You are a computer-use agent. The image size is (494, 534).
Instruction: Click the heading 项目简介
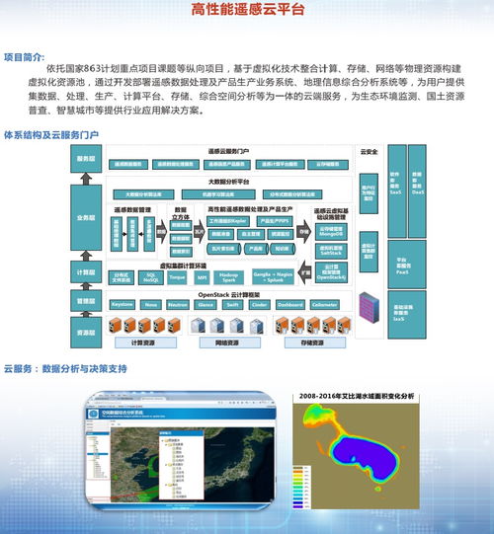pyautogui.click(x=24, y=56)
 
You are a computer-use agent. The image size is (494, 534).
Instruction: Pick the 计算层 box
pyautogui.click(x=85, y=270)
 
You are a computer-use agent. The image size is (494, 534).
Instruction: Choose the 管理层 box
pyautogui.click(x=85, y=299)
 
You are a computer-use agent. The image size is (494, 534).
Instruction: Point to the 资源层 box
pyautogui.click(x=85, y=332)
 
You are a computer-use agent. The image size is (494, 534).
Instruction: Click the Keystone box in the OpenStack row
pyautogui.click(x=123, y=305)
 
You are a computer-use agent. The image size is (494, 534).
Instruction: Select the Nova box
pyautogui.click(x=151, y=305)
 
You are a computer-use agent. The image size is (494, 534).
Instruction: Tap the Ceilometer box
pyautogui.click(x=324, y=305)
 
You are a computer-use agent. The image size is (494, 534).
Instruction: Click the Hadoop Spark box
pyautogui.click(x=229, y=277)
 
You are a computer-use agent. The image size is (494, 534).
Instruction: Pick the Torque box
pyautogui.click(x=177, y=277)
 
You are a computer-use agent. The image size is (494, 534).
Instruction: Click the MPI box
pyautogui.click(x=203, y=277)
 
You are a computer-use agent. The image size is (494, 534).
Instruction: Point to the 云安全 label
pyautogui.click(x=370, y=152)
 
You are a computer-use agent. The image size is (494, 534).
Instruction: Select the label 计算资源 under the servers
pyautogui.click(x=144, y=343)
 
